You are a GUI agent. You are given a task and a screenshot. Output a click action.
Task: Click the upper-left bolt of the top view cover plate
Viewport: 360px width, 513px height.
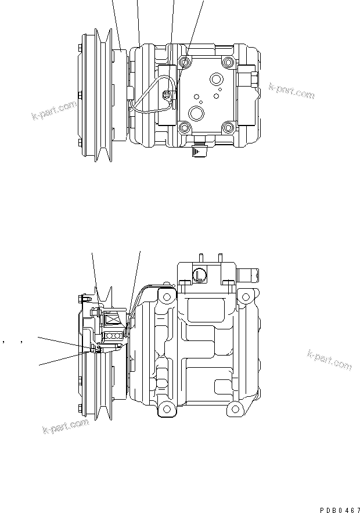(186, 62)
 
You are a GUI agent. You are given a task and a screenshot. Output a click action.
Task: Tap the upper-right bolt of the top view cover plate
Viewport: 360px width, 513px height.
(227, 62)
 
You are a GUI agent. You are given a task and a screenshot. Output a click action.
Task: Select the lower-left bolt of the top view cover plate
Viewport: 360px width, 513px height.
(186, 127)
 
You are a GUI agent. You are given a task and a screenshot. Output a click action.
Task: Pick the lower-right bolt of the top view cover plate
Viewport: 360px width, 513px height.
(227, 127)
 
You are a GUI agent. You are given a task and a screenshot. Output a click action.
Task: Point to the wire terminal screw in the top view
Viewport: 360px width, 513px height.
(168, 96)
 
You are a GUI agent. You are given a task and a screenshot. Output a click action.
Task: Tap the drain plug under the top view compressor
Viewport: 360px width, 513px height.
(200, 151)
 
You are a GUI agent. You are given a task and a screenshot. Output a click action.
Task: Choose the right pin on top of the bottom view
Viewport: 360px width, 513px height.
(219, 257)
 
